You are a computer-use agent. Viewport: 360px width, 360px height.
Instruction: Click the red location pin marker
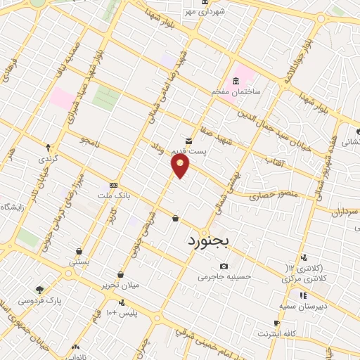click(x=181, y=166)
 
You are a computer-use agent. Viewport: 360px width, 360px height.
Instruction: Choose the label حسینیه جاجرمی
click(x=224, y=276)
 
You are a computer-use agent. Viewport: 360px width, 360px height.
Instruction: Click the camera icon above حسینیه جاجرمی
click(x=224, y=266)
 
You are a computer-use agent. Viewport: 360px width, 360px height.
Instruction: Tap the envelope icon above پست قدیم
click(x=188, y=141)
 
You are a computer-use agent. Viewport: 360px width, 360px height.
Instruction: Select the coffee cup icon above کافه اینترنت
click(x=276, y=323)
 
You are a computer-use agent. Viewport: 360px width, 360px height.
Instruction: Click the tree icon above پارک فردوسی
click(x=40, y=290)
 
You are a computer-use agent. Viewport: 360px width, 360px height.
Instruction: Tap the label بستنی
click(x=79, y=261)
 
